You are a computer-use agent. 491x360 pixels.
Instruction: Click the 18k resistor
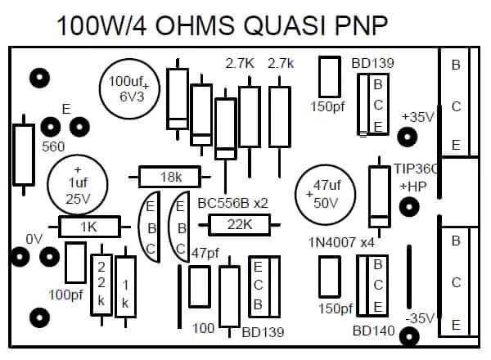(171, 176)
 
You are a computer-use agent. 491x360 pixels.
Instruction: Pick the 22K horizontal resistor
(240, 224)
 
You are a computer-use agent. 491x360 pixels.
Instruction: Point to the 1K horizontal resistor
(89, 225)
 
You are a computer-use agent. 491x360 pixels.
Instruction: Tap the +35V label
(417, 117)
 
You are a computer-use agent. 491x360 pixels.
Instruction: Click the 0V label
(34, 239)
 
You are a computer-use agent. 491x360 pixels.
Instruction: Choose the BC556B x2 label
(234, 201)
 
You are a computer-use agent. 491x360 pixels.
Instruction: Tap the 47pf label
(205, 254)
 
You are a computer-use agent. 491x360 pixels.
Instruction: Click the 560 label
(53, 146)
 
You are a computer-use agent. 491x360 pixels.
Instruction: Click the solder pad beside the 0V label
(19, 257)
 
